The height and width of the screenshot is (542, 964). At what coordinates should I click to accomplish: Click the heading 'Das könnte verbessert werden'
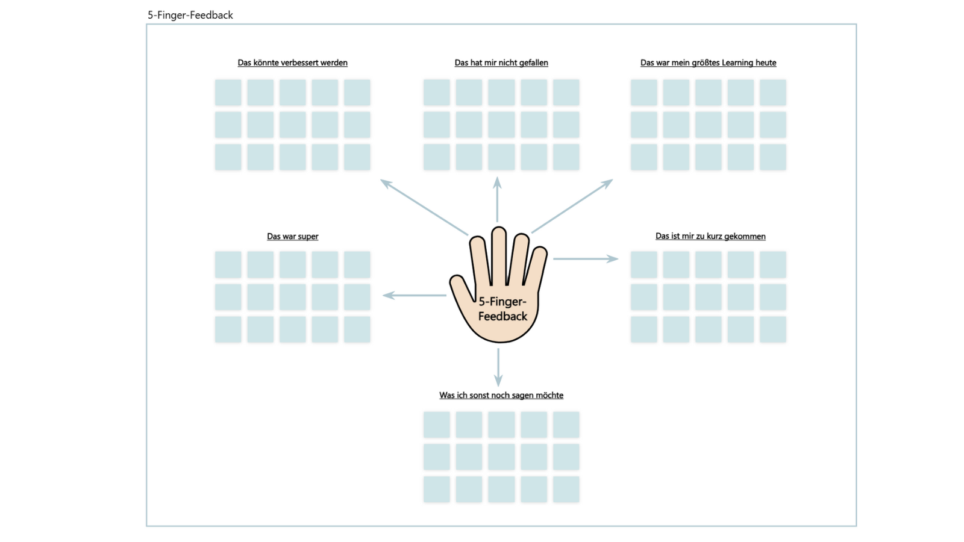(292, 63)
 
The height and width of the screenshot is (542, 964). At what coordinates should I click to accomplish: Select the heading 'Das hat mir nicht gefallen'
(501, 63)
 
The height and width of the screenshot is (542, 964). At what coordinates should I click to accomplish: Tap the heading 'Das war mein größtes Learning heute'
(708, 63)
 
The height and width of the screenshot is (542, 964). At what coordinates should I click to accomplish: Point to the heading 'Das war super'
(293, 236)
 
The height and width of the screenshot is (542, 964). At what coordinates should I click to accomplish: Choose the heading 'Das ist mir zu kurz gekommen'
(710, 236)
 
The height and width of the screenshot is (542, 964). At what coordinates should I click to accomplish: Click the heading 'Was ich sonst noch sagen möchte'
(501, 395)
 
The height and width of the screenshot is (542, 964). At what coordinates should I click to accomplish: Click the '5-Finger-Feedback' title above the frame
(190, 15)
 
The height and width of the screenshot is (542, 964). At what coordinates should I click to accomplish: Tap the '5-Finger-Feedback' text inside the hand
(502, 309)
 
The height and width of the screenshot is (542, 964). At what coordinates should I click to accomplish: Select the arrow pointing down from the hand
(498, 367)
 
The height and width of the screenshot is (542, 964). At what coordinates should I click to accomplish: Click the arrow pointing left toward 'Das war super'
(415, 295)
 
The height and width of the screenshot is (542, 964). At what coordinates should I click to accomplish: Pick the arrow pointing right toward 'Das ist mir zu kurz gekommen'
(586, 259)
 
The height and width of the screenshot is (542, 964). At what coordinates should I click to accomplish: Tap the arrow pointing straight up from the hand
(497, 200)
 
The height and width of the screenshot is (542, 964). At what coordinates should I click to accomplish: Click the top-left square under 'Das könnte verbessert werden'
(228, 93)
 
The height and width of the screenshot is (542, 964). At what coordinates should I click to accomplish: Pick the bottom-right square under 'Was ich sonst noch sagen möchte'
(566, 489)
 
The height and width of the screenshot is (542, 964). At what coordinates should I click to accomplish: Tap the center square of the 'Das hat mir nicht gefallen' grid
(501, 125)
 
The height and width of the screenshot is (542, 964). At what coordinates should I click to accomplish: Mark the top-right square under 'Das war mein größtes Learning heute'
(772, 93)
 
